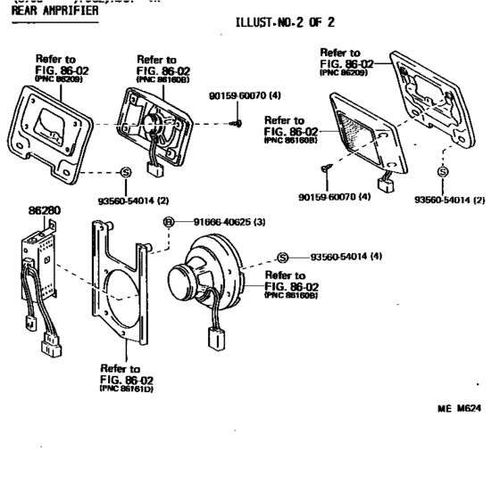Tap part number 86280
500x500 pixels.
click(x=45, y=212)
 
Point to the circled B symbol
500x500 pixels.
click(x=166, y=222)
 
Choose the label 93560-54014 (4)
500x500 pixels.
click(x=346, y=257)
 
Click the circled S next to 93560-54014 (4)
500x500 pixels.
click(x=283, y=257)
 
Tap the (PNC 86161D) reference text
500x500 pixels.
click(x=125, y=389)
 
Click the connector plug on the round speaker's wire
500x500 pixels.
click(x=215, y=340)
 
